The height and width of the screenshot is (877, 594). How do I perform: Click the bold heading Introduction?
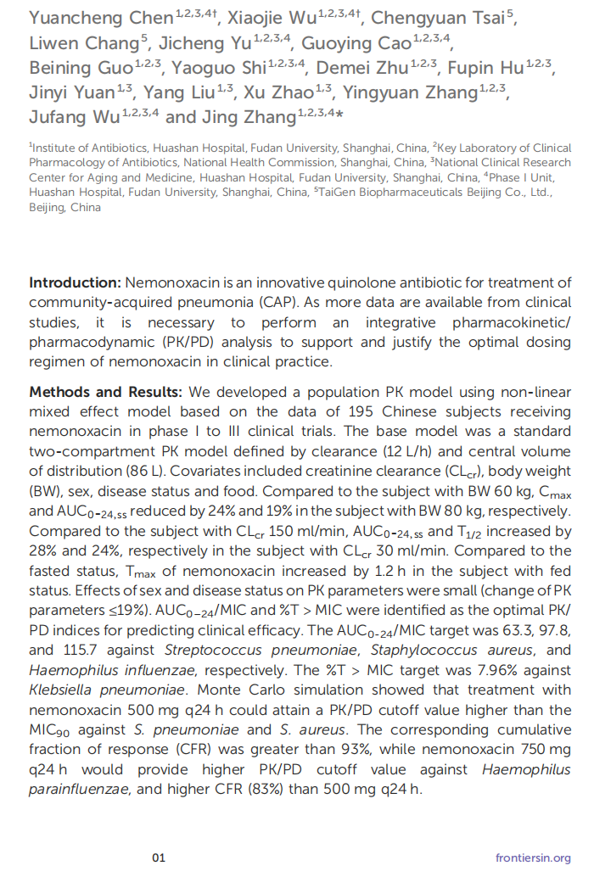(x=75, y=283)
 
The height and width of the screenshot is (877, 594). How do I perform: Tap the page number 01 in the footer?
(x=159, y=857)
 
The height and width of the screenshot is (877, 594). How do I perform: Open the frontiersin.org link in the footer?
(x=533, y=857)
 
